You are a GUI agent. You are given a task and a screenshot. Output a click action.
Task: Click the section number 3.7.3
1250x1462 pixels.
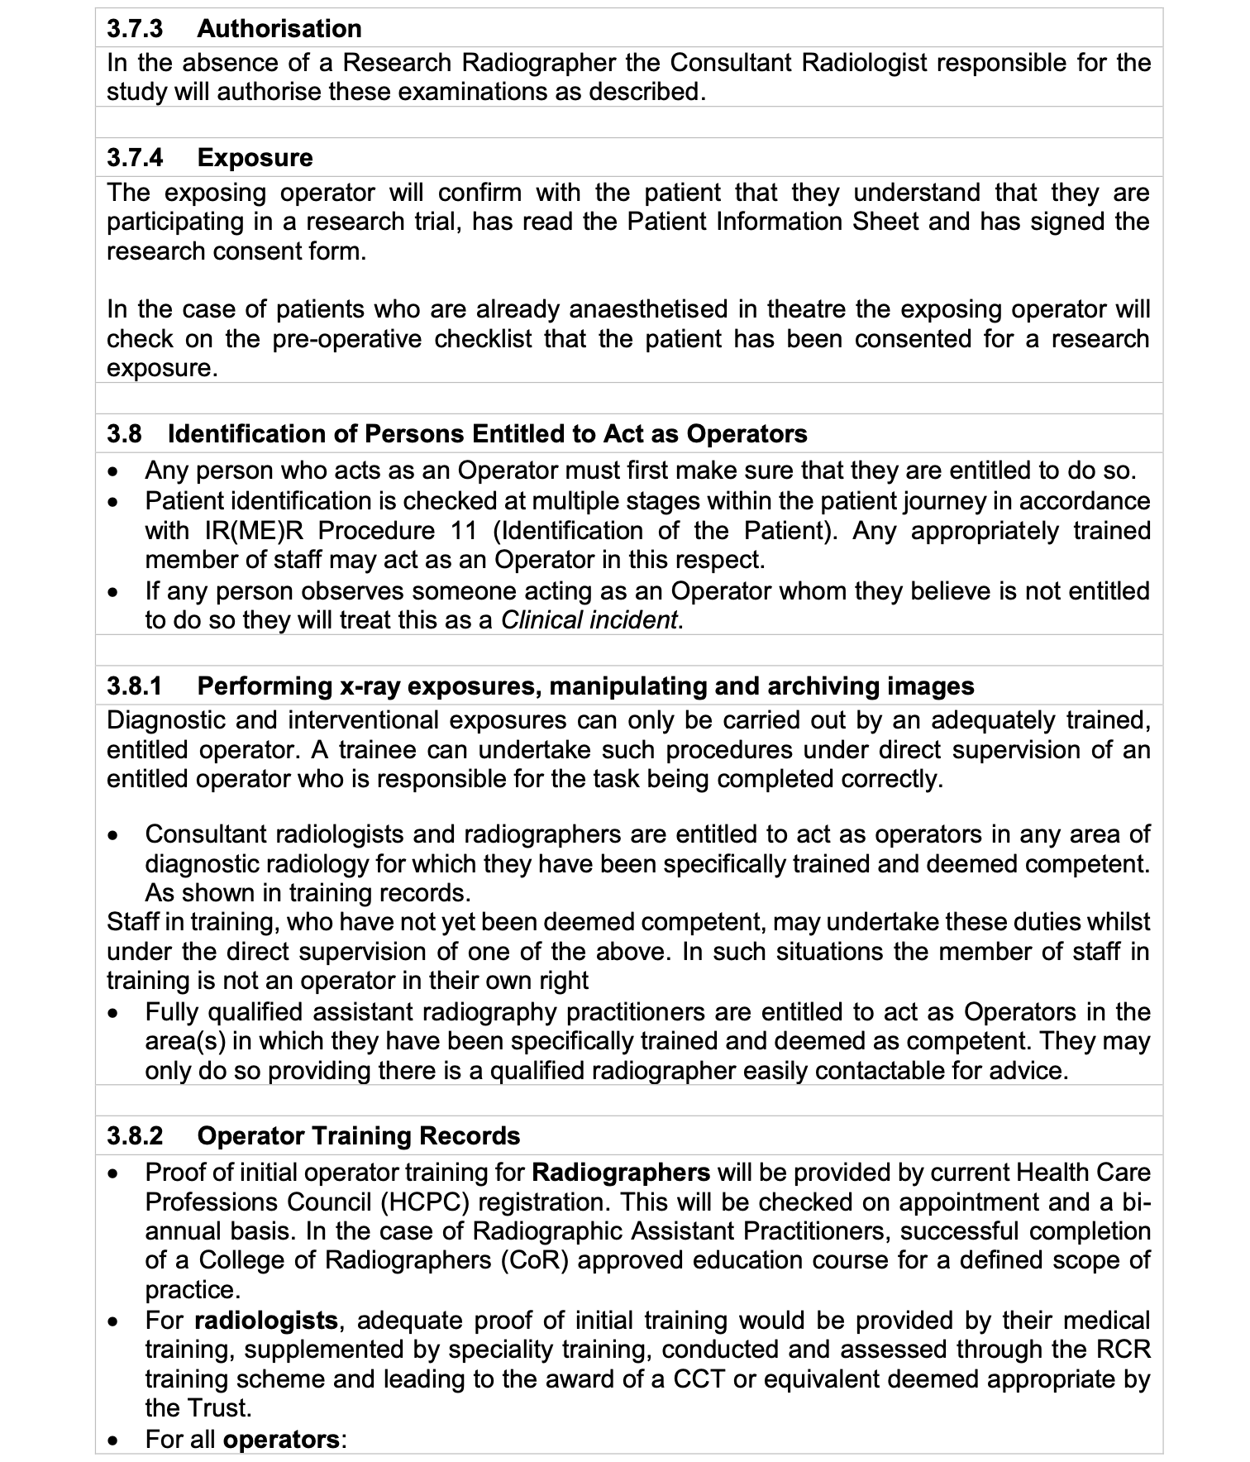135,29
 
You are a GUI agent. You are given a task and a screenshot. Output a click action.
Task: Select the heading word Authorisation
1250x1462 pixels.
279,29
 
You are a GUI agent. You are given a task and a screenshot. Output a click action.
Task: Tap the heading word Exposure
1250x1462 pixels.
255,158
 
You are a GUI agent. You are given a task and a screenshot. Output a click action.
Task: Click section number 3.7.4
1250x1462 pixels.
135,158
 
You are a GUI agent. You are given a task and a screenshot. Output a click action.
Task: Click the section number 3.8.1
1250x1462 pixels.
135,686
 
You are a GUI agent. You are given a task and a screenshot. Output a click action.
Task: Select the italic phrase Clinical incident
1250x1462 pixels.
589,620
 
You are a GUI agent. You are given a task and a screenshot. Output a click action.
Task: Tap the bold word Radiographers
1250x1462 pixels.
621,1173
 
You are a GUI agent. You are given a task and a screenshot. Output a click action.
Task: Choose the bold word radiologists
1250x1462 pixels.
265,1321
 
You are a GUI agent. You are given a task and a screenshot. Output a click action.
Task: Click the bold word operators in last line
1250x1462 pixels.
281,1440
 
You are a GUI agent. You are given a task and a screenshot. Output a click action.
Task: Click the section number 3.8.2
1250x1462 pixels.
135,1136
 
